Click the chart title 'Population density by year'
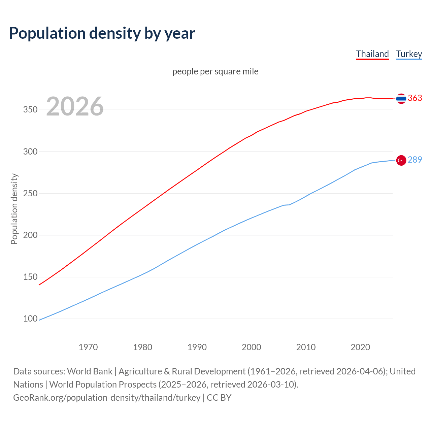[102, 33]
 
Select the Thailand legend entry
[372, 54]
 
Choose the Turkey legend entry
[409, 54]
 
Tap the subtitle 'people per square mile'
[215, 72]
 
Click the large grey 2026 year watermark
[75, 106]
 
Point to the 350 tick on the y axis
[30, 110]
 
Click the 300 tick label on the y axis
[30, 152]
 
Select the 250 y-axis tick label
[30, 193]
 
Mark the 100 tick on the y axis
[30, 319]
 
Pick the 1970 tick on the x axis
[88, 347]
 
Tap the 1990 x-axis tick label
[197, 347]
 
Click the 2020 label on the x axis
[360, 347]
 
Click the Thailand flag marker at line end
[401, 98]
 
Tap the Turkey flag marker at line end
[401, 160]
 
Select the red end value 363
[415, 98]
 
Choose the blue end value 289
[415, 160]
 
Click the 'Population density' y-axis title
[14, 209]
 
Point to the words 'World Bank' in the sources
[90, 371]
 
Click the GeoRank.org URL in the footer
[107, 398]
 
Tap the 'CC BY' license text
[219, 398]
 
